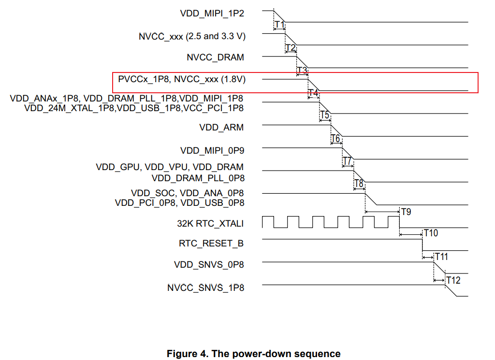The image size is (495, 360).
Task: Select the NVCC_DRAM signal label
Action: (215, 57)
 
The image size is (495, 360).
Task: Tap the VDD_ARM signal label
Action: (221, 128)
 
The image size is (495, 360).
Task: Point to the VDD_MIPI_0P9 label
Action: (212, 150)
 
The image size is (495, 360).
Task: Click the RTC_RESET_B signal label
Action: (211, 244)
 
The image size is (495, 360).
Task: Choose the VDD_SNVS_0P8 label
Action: (209, 265)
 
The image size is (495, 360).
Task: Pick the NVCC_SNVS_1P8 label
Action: (205, 288)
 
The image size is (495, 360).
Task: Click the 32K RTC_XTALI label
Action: (210, 224)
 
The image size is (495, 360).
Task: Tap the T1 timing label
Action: (279, 25)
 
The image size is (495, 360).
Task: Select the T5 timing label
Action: (325, 115)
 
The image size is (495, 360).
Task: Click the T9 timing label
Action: (407, 212)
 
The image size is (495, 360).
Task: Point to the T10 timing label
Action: (430, 233)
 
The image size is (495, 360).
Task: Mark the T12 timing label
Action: (453, 280)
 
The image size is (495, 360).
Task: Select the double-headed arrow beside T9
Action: (382, 212)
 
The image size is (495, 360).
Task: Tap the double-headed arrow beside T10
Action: (411, 235)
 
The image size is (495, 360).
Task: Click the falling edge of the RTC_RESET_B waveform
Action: (423, 245)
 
